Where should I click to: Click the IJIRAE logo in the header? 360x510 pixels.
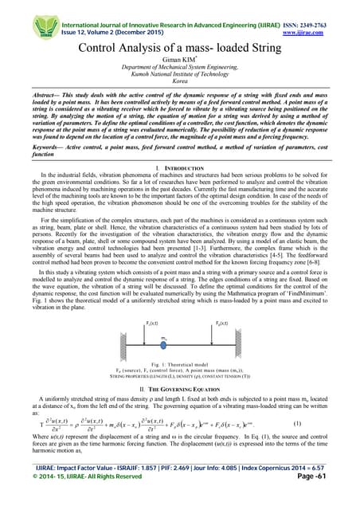(22, 11)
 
